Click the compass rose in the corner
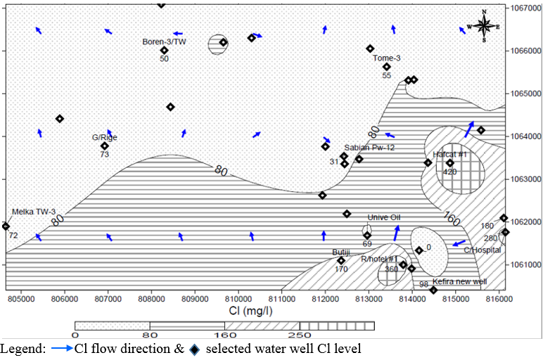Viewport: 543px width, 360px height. (485, 26)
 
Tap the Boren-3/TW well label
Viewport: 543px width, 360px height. (164, 42)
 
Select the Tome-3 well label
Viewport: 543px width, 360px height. (386, 58)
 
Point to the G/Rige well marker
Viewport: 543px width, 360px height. (105, 146)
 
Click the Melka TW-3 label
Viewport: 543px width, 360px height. (32, 211)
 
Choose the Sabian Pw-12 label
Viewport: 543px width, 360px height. (370, 148)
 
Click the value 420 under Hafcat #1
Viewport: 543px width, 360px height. (449, 172)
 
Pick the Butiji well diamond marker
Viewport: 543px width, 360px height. (341, 261)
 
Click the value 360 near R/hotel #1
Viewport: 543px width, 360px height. (391, 269)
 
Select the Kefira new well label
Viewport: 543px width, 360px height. (459, 282)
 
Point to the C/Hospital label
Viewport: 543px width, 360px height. (487, 250)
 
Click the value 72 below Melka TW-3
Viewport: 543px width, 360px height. (13, 234)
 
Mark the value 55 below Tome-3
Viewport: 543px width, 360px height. (386, 75)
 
